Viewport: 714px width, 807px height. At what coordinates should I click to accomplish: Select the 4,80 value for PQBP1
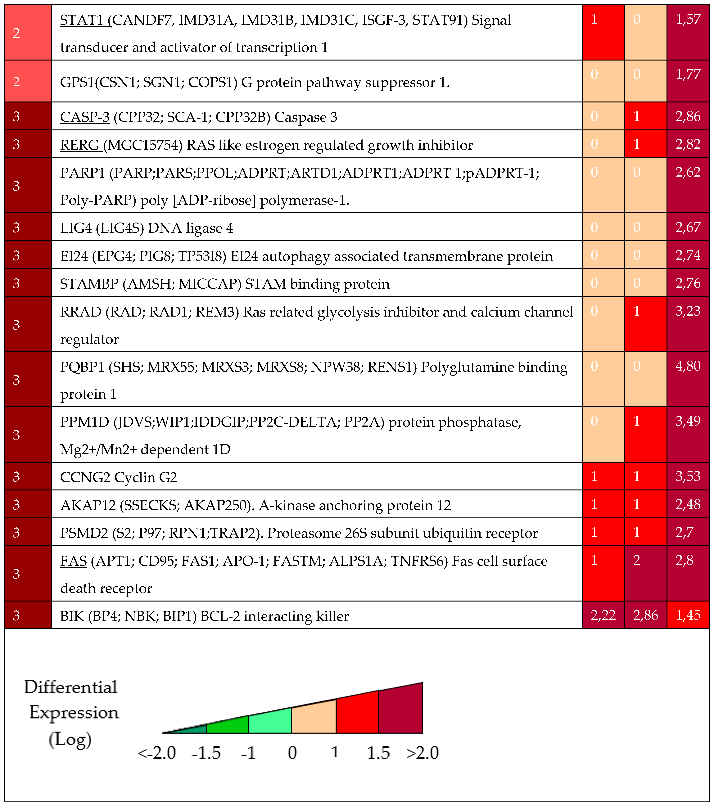(688, 366)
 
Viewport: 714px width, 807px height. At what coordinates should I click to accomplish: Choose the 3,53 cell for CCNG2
(688, 476)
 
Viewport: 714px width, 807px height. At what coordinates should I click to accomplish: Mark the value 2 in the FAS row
(637, 560)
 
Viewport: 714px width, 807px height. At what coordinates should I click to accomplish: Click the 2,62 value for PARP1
(688, 172)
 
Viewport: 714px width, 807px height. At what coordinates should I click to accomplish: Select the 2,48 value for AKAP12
(688, 504)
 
